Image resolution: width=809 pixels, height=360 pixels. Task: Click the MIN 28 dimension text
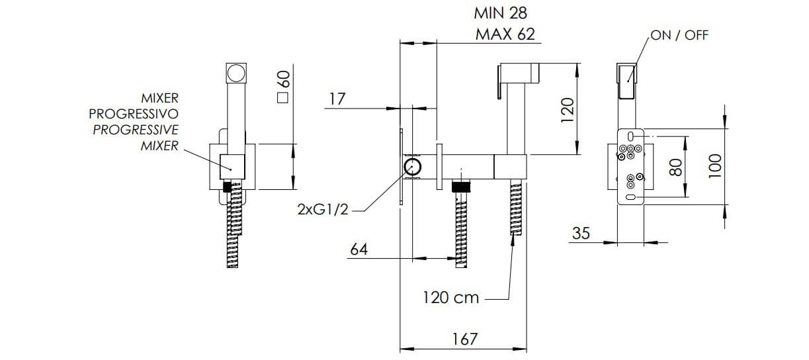pos(500,13)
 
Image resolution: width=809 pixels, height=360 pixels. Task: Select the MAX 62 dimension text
pos(505,34)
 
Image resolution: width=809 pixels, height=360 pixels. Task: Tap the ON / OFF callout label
pos(679,35)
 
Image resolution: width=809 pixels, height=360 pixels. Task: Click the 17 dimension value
pos(337,99)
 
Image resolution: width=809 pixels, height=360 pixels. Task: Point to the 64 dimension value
pos(359,249)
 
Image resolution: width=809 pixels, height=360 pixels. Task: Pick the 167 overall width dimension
pos(465,339)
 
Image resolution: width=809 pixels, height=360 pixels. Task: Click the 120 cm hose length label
pos(450,298)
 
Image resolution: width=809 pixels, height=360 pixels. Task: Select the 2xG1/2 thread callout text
pos(323,210)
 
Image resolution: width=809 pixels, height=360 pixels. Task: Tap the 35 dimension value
pos(581,234)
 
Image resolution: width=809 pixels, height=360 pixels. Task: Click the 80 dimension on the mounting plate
pos(675,167)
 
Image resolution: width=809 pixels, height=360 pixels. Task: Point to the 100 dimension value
pos(715,166)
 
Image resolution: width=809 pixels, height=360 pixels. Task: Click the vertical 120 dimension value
pos(568,111)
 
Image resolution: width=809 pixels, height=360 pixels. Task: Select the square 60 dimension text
pos(284,87)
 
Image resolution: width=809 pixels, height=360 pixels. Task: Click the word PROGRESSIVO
pos(134,114)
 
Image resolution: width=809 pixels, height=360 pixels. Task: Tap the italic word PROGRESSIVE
pos(136,130)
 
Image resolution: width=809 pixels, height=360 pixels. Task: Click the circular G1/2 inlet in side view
pos(413,167)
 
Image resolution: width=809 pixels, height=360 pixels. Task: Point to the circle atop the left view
pos(236,73)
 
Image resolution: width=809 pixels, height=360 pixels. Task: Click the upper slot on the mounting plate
pos(630,136)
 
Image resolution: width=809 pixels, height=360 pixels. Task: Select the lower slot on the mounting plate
pos(630,197)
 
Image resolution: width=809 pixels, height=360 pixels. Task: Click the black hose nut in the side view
pos(461,187)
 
